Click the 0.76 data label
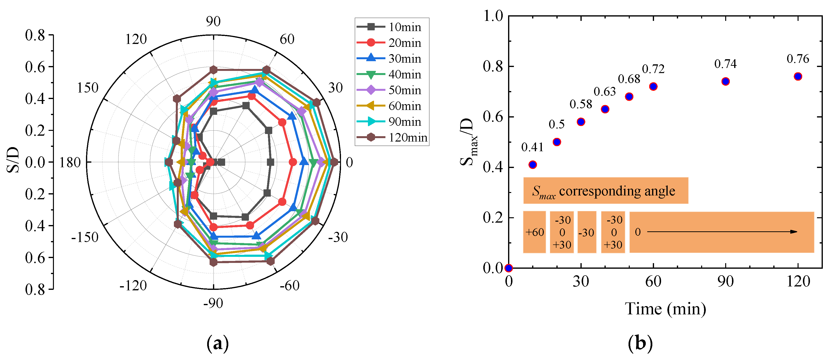pos(798,59)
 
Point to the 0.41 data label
pos(532,147)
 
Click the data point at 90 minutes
pos(725,82)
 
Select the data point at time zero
pos(509,268)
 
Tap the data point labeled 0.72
pos(653,86)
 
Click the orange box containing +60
pos(535,232)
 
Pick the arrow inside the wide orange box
pos(722,232)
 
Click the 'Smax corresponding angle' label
pos(605,191)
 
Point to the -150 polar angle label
pos(85,237)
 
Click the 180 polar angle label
pos(70,162)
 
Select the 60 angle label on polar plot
pos(287,39)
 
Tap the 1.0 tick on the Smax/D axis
pos(493,16)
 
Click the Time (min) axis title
pos(665,309)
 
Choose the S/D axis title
pos(13,160)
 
